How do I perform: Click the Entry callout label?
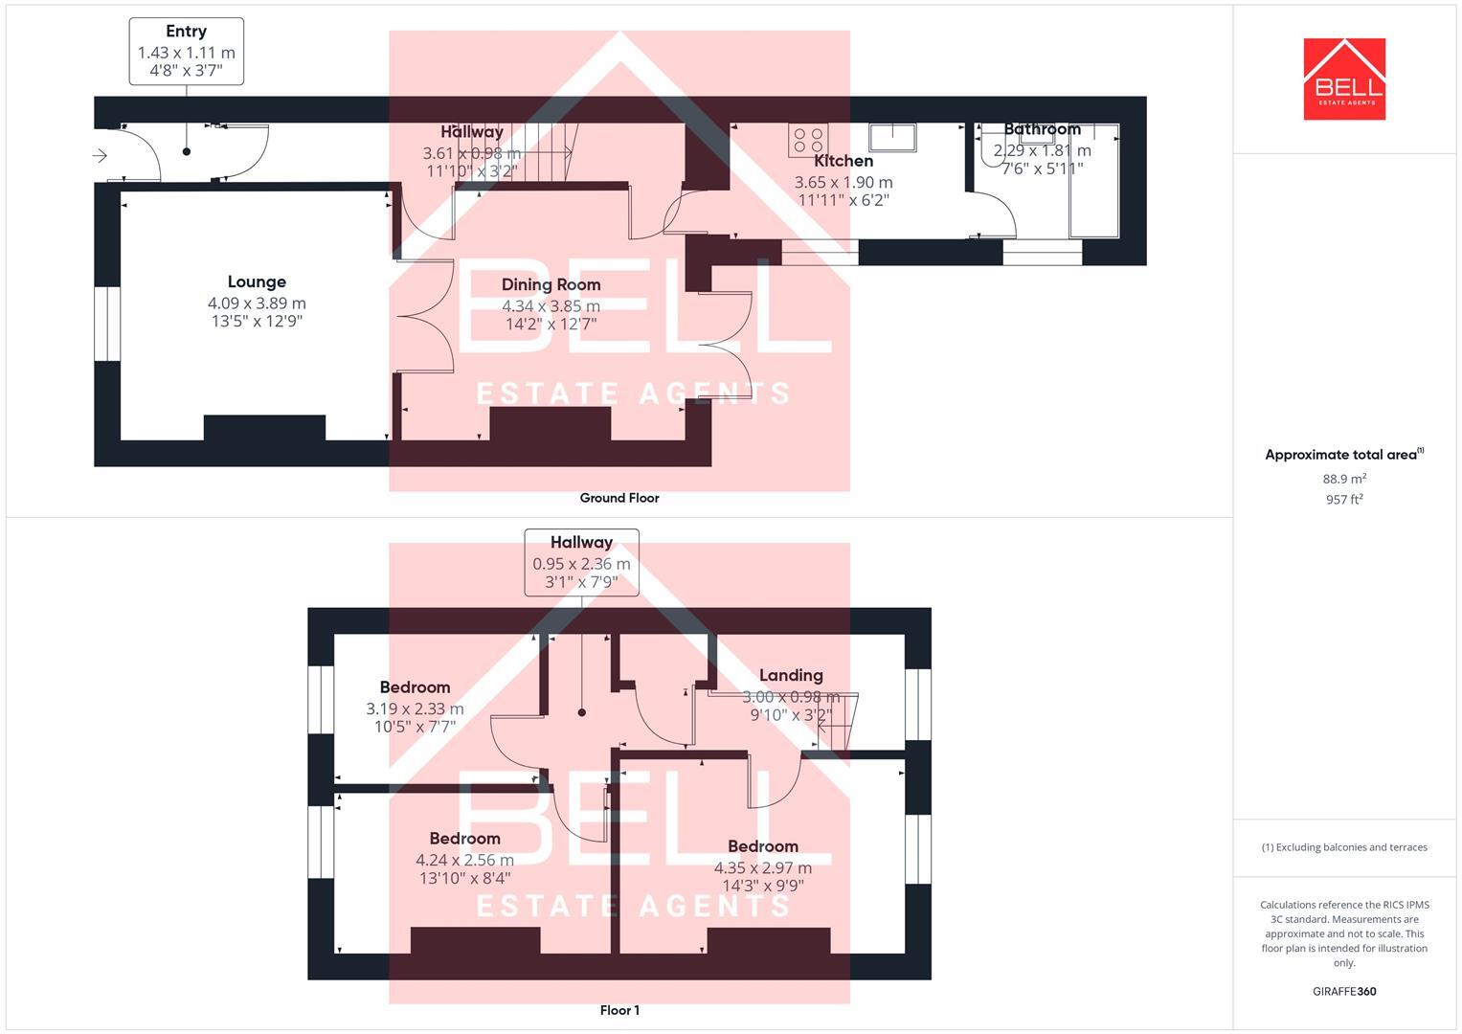click(x=186, y=32)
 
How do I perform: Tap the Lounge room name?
click(x=257, y=281)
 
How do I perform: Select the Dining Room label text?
click(x=551, y=284)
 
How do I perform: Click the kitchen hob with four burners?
click(x=807, y=140)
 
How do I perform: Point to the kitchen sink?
click(x=892, y=138)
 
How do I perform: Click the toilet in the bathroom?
click(x=989, y=148)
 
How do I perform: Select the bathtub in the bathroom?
click(x=1093, y=181)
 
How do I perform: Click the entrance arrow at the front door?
click(x=100, y=155)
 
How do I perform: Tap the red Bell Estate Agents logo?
click(x=1344, y=79)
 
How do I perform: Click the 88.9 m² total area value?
click(x=1344, y=479)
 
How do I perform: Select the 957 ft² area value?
click(x=1344, y=500)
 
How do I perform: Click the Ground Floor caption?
click(x=619, y=498)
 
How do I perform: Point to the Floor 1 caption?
click(x=619, y=1010)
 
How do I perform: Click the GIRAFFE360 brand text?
click(x=1344, y=992)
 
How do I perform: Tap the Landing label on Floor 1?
click(x=791, y=675)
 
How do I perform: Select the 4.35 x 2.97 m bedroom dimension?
click(x=762, y=868)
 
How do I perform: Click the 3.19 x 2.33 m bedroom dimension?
click(x=415, y=708)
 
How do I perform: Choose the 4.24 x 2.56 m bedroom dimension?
click(x=464, y=860)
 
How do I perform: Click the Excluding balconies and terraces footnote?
click(x=1344, y=847)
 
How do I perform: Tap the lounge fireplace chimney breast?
click(x=264, y=428)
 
